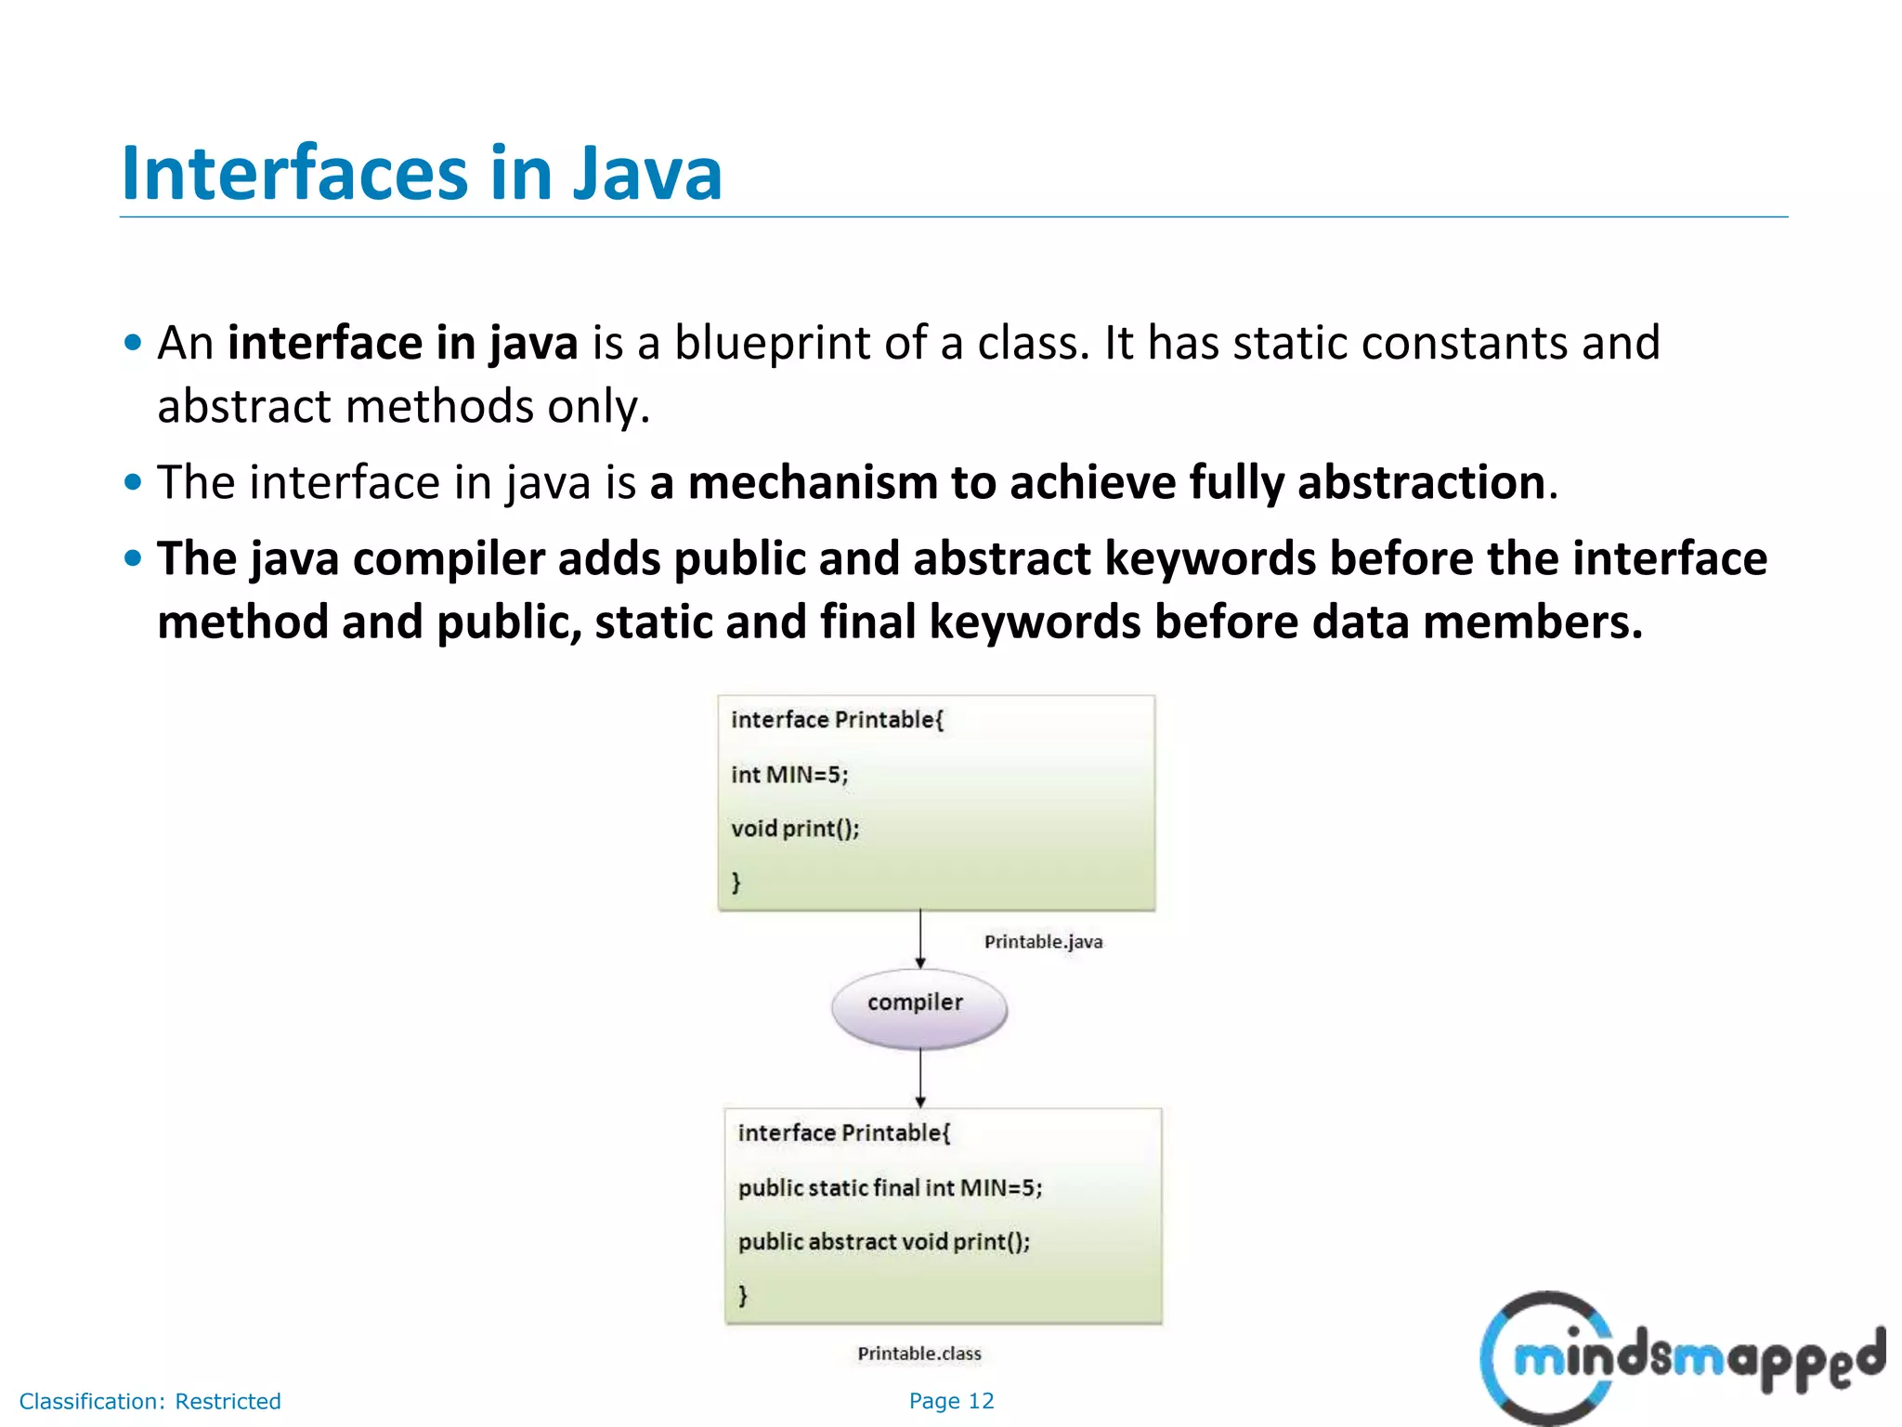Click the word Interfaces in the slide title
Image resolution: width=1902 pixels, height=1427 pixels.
pos(294,174)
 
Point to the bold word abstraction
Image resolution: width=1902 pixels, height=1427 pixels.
pos(1421,482)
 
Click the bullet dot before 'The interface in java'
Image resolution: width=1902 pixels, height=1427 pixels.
pos(134,482)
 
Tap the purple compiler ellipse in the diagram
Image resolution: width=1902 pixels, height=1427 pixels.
pos(918,1007)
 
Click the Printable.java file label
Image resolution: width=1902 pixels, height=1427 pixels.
pos(1043,942)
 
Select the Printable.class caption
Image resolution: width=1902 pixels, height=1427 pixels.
pos(918,1354)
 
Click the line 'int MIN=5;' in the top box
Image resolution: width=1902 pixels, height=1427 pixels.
pos(789,775)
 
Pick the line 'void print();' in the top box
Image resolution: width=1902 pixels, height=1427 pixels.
pos(795,829)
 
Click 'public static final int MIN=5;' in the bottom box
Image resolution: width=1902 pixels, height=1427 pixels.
pos(890,1188)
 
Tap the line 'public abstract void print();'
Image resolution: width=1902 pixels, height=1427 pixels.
pos(883,1242)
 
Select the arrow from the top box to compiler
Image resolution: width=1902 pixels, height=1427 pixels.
pos(920,938)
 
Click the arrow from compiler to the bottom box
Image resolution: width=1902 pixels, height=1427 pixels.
pos(920,1078)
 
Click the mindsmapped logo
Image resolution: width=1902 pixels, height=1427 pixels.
pos(1681,1358)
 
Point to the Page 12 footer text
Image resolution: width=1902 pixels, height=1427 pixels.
pos(951,1401)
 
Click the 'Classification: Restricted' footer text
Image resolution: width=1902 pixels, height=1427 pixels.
pos(150,1401)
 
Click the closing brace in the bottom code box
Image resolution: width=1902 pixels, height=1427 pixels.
pos(743,1295)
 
